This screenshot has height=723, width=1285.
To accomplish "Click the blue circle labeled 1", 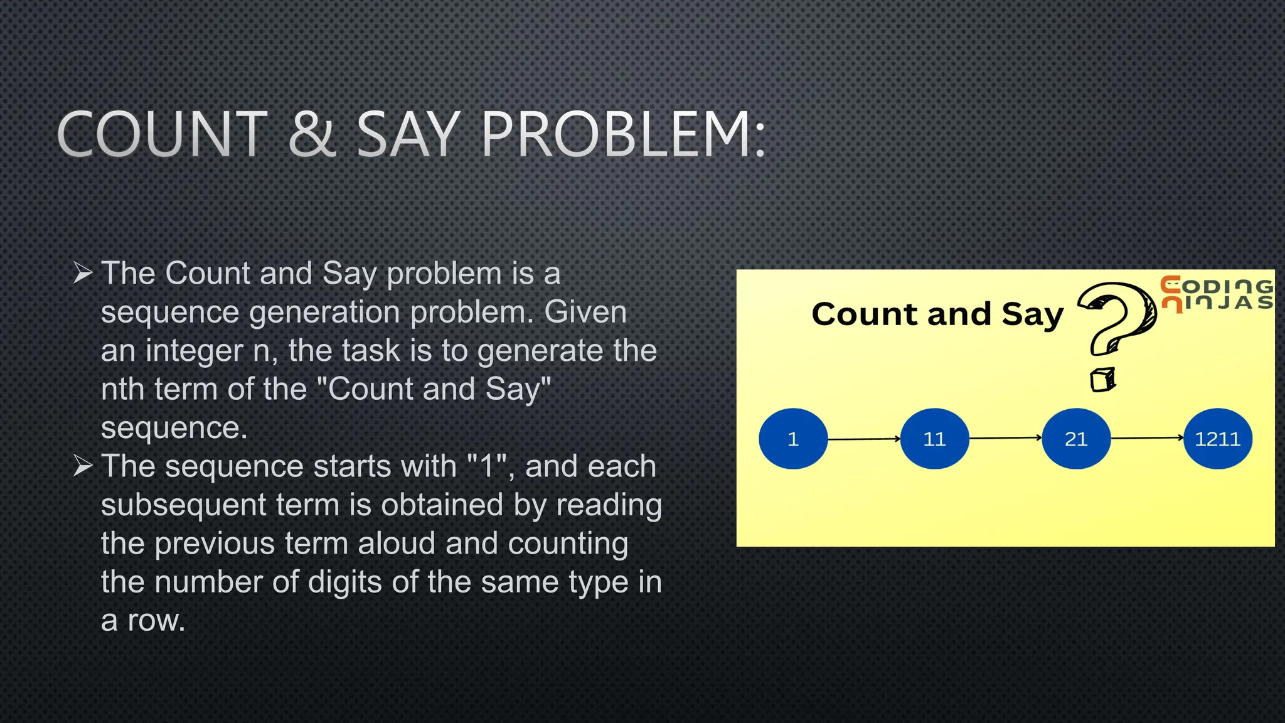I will pyautogui.click(x=793, y=439).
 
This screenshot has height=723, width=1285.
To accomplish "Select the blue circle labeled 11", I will pyautogui.click(x=934, y=439).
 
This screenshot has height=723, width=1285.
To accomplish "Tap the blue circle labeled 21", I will pyautogui.click(x=1076, y=439).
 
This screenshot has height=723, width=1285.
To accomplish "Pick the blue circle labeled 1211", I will pyautogui.click(x=1217, y=439).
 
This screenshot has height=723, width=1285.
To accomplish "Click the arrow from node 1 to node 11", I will pyautogui.click(x=864, y=439).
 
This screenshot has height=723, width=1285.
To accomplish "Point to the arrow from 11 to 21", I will pyautogui.click(x=1005, y=438).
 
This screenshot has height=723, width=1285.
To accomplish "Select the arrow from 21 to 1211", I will pyautogui.click(x=1147, y=438).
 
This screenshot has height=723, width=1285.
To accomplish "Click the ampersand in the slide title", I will pyautogui.click(x=312, y=134).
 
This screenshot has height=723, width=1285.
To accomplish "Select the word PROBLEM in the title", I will pyautogui.click(x=622, y=134).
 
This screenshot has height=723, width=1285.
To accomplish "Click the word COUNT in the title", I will pyautogui.click(x=163, y=134).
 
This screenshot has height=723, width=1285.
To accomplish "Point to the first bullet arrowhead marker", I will pyautogui.click(x=83, y=273).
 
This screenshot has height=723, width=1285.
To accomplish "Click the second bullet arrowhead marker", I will pyautogui.click(x=83, y=466).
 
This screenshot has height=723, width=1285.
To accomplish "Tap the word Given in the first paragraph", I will pyautogui.click(x=585, y=312).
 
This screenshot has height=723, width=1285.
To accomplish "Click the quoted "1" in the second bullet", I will pyautogui.click(x=488, y=466).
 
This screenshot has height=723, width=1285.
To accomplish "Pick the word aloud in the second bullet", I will pyautogui.click(x=396, y=544).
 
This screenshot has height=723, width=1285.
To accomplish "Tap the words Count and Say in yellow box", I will pyautogui.click(x=937, y=314).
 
